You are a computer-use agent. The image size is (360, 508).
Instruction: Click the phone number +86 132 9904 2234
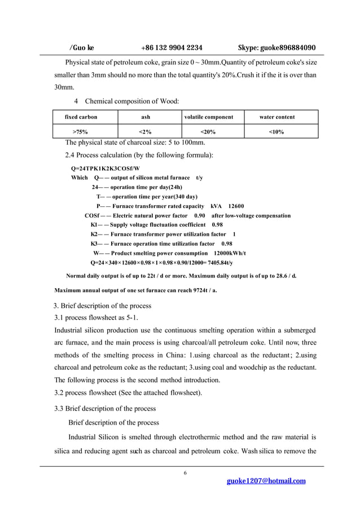point(172,48)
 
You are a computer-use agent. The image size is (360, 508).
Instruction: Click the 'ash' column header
point(145,117)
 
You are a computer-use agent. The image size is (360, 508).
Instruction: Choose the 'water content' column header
point(276,117)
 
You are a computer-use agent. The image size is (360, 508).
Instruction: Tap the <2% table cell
point(145,132)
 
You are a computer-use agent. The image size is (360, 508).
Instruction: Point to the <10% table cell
point(276,132)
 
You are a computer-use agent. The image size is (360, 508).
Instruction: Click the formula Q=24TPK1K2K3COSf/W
point(106,169)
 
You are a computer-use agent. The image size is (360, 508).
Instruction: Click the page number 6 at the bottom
point(185,472)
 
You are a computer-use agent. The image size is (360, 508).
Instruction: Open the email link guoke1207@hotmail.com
point(266,481)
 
